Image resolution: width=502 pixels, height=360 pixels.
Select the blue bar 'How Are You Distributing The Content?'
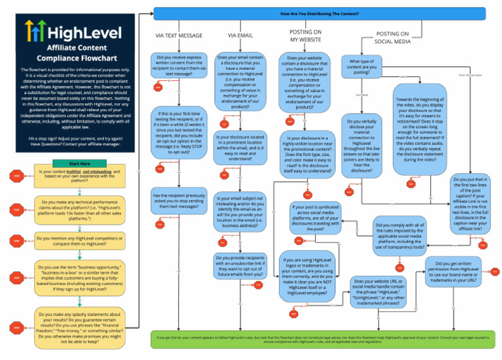click(320, 12)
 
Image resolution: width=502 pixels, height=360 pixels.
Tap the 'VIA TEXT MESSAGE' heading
click(179, 35)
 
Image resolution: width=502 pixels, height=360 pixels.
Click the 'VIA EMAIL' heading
click(240, 35)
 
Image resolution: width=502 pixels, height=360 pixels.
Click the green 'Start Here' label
click(80, 163)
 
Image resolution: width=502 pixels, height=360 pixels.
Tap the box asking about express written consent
click(179, 65)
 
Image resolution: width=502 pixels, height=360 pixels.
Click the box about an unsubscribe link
click(240, 266)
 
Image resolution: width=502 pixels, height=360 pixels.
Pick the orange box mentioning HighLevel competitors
click(80, 240)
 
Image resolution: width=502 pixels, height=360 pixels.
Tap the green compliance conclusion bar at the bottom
click(320, 340)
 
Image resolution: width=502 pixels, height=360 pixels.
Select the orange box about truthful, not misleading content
click(80, 175)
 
